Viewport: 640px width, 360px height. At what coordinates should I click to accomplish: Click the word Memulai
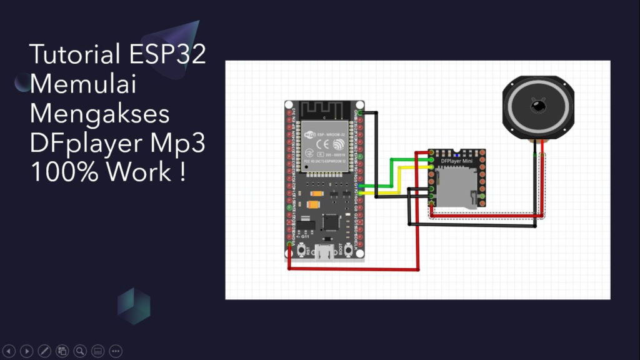[x=83, y=84]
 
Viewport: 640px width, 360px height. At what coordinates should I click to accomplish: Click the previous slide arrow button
[x=9, y=351]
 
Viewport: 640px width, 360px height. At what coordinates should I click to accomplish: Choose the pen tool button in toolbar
[x=44, y=351]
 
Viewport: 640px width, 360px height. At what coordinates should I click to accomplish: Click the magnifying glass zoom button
[x=79, y=351]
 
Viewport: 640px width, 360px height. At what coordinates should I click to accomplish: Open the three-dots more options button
[x=116, y=351]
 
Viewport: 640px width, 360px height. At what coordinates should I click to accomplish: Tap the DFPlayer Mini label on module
[x=457, y=162]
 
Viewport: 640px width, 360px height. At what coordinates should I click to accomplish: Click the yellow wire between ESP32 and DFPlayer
[x=400, y=181]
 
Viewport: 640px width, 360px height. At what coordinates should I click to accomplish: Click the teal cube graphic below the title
[x=134, y=306]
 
